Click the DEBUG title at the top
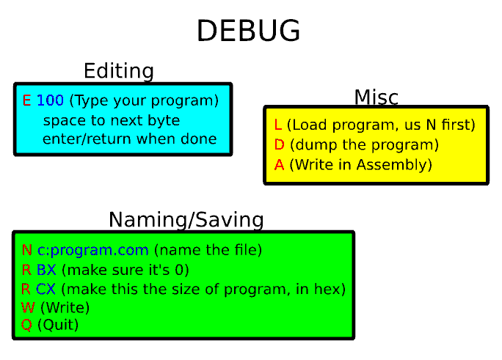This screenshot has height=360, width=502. coord(249,30)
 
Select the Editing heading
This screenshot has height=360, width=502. coord(119,71)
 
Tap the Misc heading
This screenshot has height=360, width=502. coord(376,97)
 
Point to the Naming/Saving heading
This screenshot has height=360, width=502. coord(186,220)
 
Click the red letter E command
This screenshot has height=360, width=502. coord(26,100)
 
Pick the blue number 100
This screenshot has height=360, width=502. coord(50,100)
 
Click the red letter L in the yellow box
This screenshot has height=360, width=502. coord(278,125)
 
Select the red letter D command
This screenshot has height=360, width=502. coord(279,145)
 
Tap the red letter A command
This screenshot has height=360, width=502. coord(279,165)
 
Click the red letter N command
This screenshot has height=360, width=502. coord(27,250)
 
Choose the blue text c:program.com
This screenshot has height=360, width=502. coord(93,250)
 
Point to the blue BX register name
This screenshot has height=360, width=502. coord(46,270)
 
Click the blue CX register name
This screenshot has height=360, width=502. coord(46,289)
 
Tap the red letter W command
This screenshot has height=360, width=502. coord(28,307)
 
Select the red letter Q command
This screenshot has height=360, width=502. coord(26,325)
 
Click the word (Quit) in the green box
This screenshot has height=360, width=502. coord(58,325)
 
